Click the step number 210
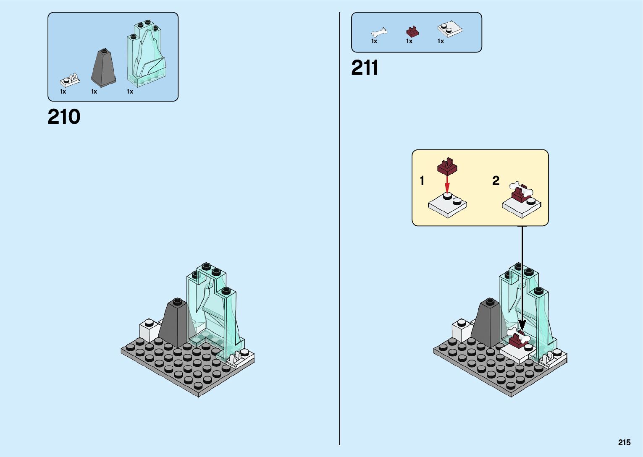(64, 117)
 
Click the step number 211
(365, 68)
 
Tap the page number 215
(624, 442)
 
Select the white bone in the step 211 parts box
(379, 32)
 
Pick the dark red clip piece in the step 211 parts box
(412, 31)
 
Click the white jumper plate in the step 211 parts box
(449, 29)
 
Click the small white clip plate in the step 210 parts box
(70, 80)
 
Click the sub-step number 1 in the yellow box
(422, 181)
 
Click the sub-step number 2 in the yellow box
(496, 180)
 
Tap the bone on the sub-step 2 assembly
(520, 189)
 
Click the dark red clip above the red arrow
(447, 166)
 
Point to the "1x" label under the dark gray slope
(94, 91)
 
